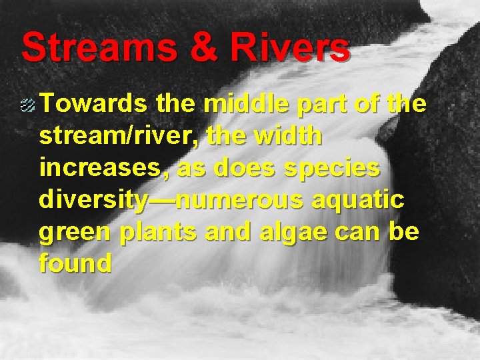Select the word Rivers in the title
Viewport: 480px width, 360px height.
tap(293, 48)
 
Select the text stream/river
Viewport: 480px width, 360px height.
tap(119, 137)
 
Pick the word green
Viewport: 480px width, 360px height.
tap(73, 233)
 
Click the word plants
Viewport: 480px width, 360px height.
tap(156, 233)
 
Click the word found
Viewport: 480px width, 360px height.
tap(75, 264)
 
